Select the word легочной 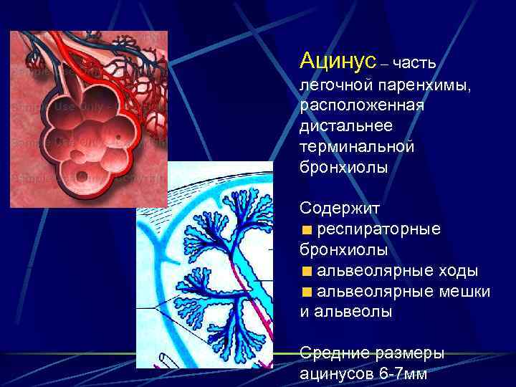pyautogui.click(x=333, y=85)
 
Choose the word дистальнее pyautogui.click(x=346, y=126)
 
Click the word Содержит pyautogui.click(x=340, y=208)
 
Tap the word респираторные pyautogui.click(x=379, y=229)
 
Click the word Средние pyautogui.click(x=334, y=353)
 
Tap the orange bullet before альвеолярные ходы pyautogui.click(x=307, y=272)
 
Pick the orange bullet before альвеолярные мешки pyautogui.click(x=307, y=292)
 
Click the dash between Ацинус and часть pyautogui.click(x=385, y=64)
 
